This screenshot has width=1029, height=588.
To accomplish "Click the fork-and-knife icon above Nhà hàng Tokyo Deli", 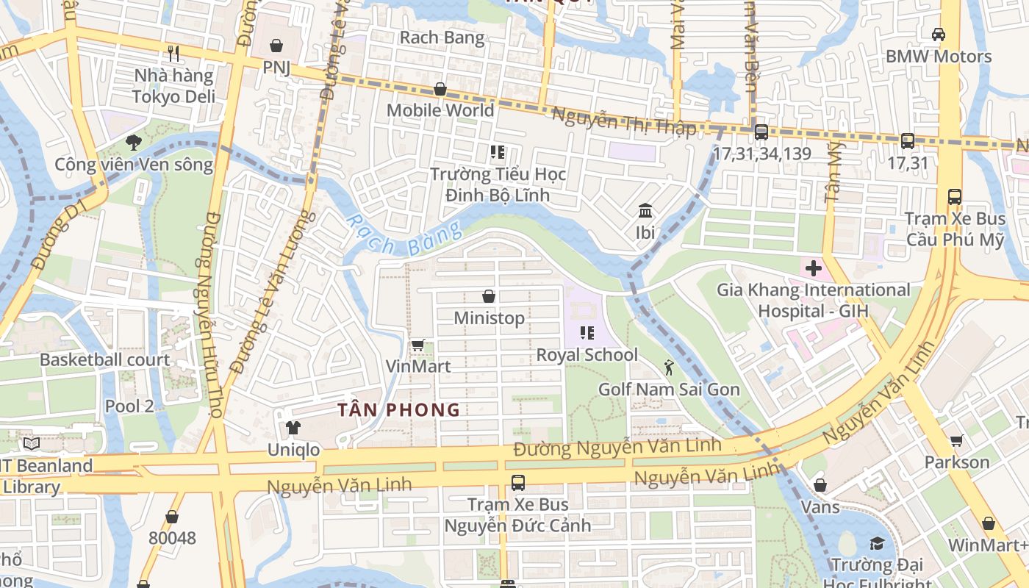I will (173, 53).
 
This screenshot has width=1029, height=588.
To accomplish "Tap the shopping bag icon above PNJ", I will (276, 46).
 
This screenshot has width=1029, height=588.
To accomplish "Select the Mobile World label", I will (440, 110).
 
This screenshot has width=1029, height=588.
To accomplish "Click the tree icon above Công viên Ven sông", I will (133, 142).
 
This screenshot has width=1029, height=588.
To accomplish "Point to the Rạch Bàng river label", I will (403, 234).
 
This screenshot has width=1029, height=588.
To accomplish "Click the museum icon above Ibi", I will (645, 212).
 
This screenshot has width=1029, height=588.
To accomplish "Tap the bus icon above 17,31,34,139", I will (761, 132).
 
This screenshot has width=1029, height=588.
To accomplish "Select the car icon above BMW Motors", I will (939, 34).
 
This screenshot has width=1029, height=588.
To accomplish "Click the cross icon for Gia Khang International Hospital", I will (814, 268).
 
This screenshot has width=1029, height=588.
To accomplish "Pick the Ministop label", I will (489, 318).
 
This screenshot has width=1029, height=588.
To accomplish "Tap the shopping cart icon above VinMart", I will (418, 344).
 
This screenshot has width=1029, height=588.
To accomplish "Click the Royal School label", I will (587, 355).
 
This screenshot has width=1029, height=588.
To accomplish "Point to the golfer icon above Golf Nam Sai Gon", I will (668, 367).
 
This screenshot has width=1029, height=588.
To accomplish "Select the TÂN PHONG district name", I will (398, 410).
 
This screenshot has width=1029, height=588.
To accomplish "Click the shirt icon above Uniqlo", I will (293, 428).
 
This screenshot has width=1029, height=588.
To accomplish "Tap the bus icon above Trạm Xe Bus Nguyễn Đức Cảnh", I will (518, 483).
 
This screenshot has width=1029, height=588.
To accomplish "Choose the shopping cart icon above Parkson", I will (956, 440).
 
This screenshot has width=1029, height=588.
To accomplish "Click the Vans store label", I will (820, 507).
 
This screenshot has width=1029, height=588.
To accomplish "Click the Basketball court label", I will (104, 360).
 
